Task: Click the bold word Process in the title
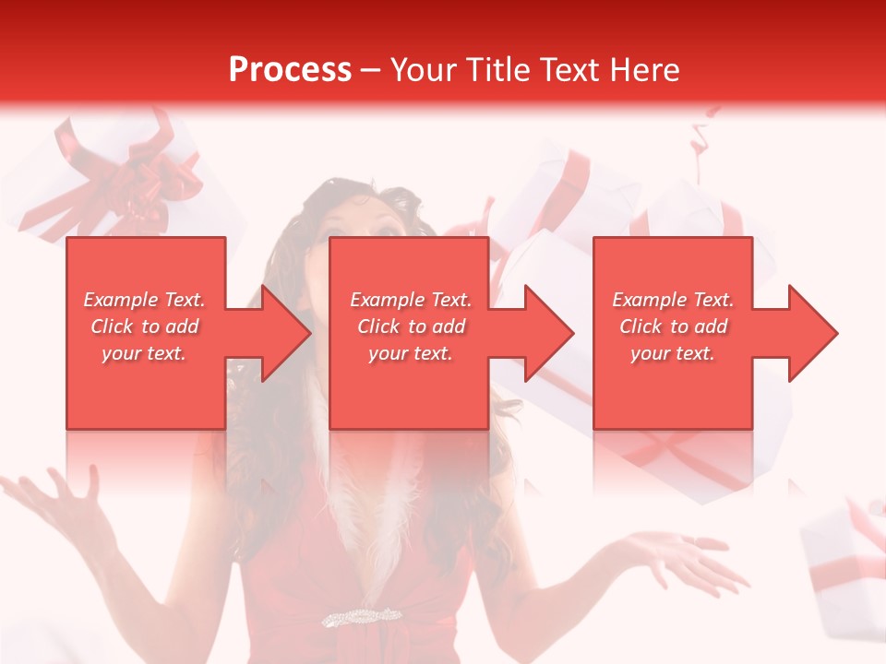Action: (x=290, y=70)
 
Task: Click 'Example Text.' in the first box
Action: (x=144, y=300)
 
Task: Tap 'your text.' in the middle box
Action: (x=410, y=353)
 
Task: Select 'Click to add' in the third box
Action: (x=673, y=326)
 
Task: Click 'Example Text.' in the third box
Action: (x=673, y=300)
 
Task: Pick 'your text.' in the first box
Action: (x=144, y=353)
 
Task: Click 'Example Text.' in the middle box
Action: (x=410, y=300)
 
